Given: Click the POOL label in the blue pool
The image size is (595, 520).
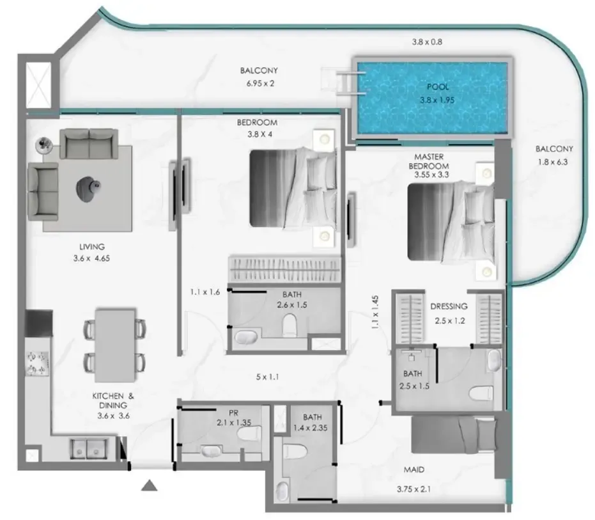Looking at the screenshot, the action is coord(438,86).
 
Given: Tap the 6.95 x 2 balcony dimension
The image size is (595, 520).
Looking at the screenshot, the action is coord(260,83).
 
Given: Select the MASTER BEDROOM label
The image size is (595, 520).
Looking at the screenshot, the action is coord(429,161).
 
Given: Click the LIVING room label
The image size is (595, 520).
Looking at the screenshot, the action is coord(92,247).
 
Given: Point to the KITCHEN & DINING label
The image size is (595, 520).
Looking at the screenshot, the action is coord(113,401).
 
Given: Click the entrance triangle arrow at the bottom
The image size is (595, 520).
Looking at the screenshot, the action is coord(149,485).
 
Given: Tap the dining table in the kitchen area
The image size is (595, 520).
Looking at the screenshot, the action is coord(115,345).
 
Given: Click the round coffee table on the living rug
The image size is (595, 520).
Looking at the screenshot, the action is coord(89,189).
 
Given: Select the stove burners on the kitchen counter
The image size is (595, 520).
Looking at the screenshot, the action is coord(37,363).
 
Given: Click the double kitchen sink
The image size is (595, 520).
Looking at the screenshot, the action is coord(88,448).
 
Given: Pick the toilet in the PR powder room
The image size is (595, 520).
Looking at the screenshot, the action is coord(249,433).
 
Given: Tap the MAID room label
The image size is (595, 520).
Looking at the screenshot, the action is coord(413,470).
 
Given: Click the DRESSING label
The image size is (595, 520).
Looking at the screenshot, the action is coord(449,306).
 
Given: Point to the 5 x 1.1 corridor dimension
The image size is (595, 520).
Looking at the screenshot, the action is coord(268,377).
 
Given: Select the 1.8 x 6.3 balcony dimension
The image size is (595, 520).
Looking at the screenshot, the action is coord(553,162).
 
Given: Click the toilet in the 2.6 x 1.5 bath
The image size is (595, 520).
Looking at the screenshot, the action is coord(290,325).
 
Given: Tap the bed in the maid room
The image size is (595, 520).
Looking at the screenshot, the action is coord(454,435).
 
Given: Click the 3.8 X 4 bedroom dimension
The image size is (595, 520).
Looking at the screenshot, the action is coord(260,134).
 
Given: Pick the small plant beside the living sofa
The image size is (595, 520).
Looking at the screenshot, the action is coord(44,145).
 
